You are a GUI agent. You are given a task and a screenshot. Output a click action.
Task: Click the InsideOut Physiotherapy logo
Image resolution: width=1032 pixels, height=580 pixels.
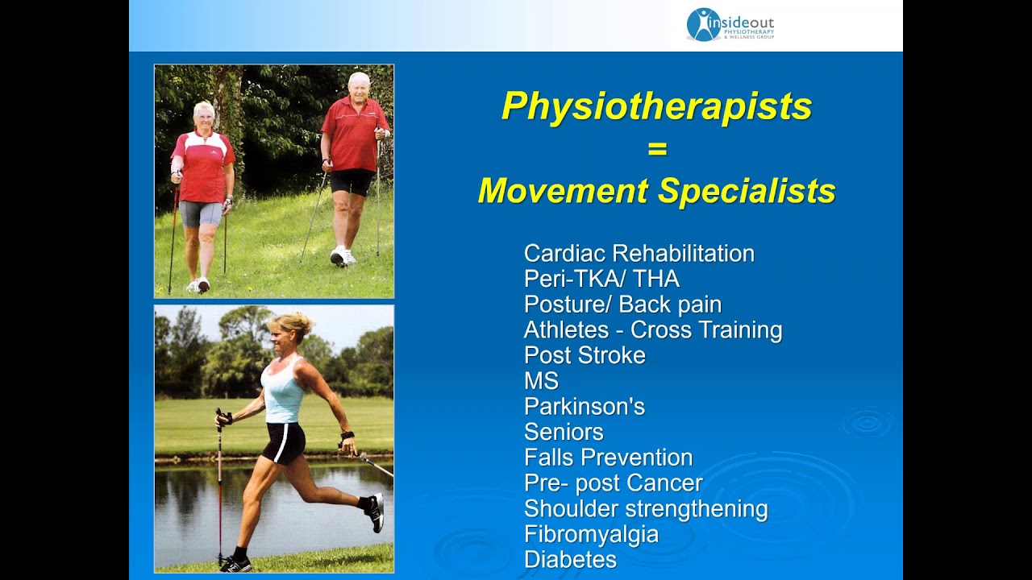point(730,24)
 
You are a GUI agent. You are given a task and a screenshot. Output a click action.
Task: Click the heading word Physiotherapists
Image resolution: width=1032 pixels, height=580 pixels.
point(656,106)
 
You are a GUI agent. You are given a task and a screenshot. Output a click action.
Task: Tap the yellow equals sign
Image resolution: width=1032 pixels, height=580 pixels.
point(657,149)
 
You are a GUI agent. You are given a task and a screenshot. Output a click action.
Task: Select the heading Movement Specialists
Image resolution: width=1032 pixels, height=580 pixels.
point(656,192)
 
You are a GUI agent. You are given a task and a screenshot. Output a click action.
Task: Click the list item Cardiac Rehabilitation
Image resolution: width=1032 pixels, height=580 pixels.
point(639,254)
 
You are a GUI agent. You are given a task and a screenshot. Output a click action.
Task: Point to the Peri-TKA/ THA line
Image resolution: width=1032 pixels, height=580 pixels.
point(601,280)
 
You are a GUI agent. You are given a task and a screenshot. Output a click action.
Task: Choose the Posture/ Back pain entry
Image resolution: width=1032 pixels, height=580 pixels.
point(622,304)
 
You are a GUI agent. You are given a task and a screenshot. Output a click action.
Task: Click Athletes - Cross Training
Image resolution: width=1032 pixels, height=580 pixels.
point(653,330)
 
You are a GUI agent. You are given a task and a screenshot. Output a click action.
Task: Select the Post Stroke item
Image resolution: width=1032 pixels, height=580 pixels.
point(585,355)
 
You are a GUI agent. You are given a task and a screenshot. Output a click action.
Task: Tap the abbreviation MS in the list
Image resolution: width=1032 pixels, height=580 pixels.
point(541,381)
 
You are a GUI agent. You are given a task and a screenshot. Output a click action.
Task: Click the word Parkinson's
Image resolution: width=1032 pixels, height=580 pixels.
point(585,407)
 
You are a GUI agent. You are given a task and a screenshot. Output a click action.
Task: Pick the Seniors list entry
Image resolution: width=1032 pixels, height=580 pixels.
point(564,433)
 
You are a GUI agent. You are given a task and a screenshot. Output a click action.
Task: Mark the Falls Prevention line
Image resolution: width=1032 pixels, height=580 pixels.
point(608,458)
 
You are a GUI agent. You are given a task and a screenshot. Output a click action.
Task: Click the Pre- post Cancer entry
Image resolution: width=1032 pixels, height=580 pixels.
point(613,483)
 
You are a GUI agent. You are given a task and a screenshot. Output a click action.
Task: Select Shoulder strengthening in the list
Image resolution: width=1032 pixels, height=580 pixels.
point(646,509)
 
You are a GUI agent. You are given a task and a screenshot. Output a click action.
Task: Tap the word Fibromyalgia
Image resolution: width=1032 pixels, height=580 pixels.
point(591,534)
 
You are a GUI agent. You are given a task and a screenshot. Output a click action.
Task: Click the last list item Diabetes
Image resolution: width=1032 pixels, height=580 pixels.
point(570,560)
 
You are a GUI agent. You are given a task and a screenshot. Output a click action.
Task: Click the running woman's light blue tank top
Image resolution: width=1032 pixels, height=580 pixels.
point(284,395)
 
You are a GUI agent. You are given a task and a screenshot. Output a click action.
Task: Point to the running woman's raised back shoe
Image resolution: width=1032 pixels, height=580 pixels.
point(375,512)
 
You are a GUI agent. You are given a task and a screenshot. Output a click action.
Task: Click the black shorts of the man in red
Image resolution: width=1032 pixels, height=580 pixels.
point(352,182)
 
